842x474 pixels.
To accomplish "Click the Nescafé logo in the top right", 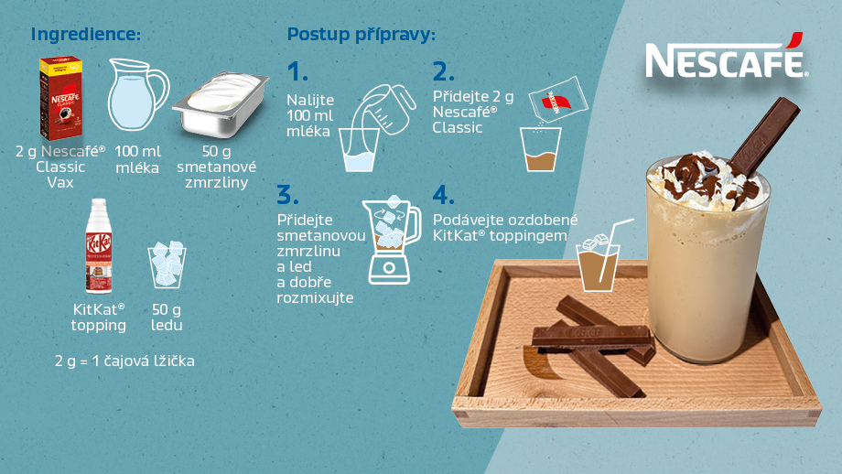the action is (x=726, y=57).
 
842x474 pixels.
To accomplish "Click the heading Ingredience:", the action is (x=86, y=34).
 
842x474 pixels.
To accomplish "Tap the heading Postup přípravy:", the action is (x=362, y=35).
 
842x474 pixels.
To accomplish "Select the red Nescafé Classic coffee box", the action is (x=60, y=98).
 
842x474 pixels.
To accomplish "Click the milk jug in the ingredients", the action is (x=137, y=95).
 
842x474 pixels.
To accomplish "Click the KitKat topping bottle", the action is (x=98, y=246).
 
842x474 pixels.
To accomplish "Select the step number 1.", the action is (x=297, y=71).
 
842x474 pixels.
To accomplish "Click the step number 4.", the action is (x=444, y=195).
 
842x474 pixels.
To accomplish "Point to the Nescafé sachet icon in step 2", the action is (x=558, y=101).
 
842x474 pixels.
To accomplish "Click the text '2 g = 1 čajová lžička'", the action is (x=124, y=361).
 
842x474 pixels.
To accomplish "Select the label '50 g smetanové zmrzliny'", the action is (x=217, y=167).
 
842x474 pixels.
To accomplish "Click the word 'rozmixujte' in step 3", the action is (x=315, y=298).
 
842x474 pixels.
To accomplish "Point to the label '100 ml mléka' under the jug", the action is (x=137, y=159).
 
